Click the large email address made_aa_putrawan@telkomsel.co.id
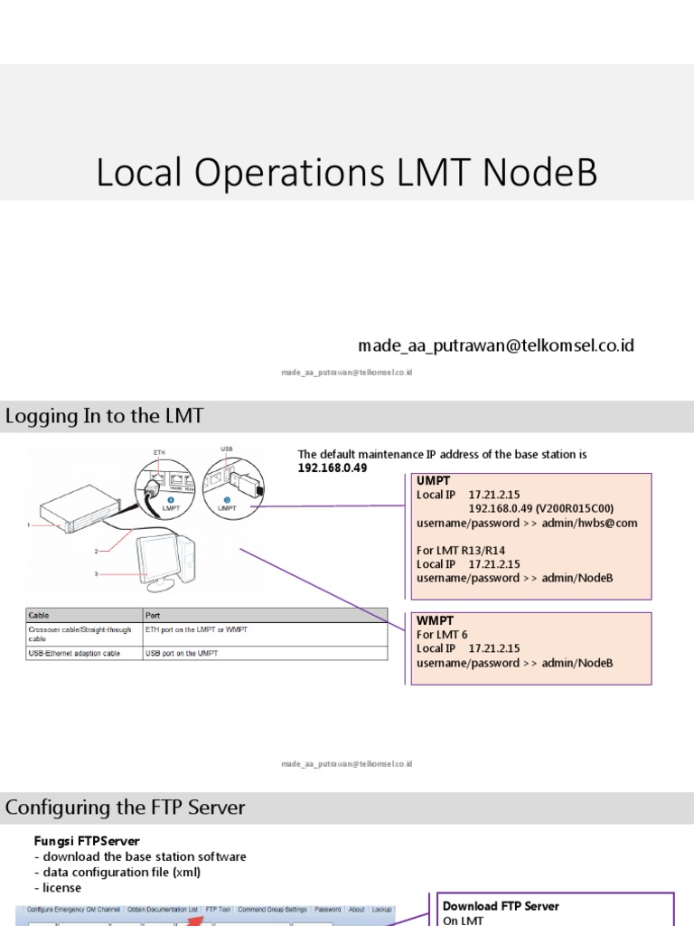coord(496,345)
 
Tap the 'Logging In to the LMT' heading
coord(105,417)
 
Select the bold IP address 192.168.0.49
coord(333,468)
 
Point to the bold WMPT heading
coord(435,621)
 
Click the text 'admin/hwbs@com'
coord(590,523)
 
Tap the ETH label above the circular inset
coord(159,451)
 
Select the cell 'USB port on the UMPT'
coord(182,653)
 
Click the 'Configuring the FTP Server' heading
coord(126,808)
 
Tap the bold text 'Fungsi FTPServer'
coord(80,841)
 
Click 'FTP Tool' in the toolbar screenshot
coord(218,909)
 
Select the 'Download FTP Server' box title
coord(501,906)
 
